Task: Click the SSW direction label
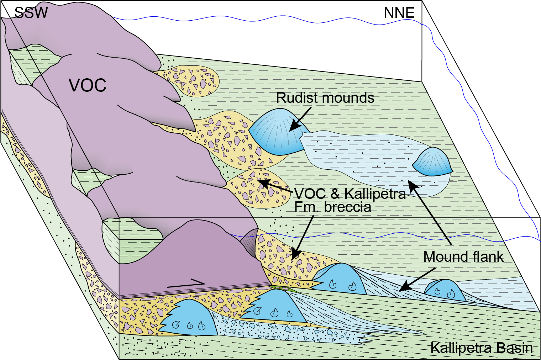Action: coord(31,13)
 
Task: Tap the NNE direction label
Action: coord(399,13)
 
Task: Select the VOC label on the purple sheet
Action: coord(88,85)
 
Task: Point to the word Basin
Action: coord(514,348)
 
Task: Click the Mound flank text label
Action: coord(463,257)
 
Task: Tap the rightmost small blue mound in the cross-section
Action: coord(445,290)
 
